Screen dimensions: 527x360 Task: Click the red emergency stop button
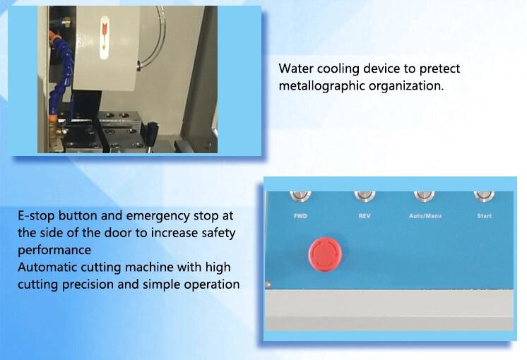pos(325,254)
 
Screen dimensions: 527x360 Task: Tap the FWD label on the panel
pos(300,216)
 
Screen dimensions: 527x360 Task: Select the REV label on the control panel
pos(365,216)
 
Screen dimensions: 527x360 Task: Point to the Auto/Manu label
pos(425,216)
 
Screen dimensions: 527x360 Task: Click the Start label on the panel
pos(485,216)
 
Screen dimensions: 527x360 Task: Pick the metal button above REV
pos(365,196)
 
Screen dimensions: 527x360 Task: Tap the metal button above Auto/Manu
pos(424,196)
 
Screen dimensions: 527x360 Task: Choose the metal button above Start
pos(484,196)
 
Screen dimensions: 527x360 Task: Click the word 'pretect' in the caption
pos(439,69)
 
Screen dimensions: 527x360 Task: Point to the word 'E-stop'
pos(36,215)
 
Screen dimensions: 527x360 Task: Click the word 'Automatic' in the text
pos(47,268)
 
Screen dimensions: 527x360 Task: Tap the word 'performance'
pos(54,250)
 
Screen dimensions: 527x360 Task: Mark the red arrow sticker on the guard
pos(105,37)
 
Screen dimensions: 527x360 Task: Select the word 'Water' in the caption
pos(296,68)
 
